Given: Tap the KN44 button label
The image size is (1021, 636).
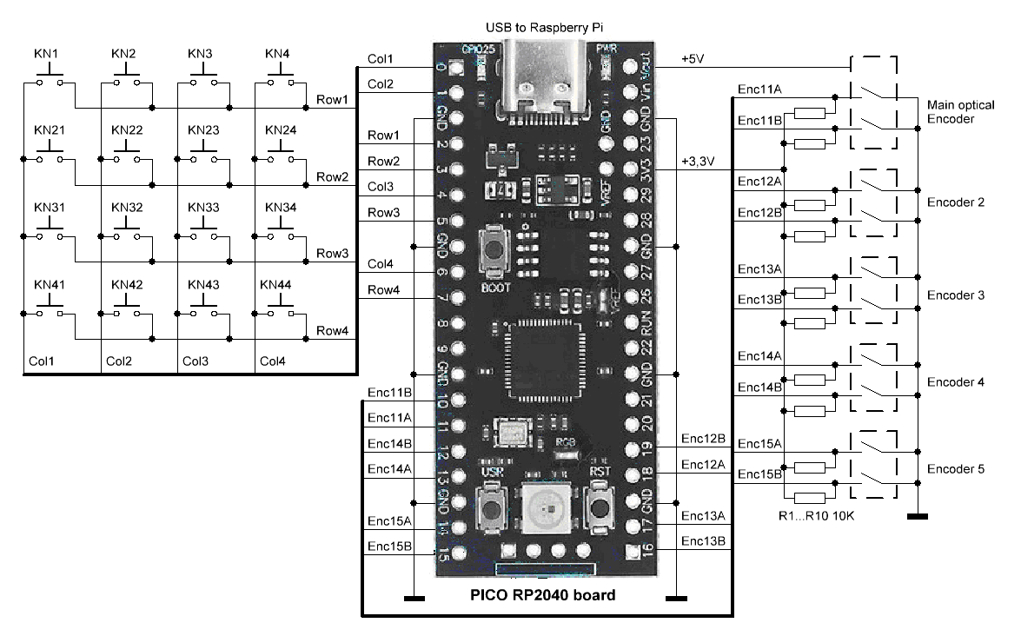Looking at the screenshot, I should pos(278,284).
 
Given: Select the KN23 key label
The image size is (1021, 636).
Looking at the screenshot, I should pos(202,130).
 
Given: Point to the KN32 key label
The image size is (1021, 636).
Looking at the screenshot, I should pos(125,208).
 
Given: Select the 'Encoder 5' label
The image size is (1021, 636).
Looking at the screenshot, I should pos(955,468).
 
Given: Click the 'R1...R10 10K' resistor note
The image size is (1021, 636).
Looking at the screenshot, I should pos(816,517).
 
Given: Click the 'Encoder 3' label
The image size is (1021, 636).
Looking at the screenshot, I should pos(955,295).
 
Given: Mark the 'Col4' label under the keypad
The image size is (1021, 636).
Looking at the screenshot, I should pos(270,360).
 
